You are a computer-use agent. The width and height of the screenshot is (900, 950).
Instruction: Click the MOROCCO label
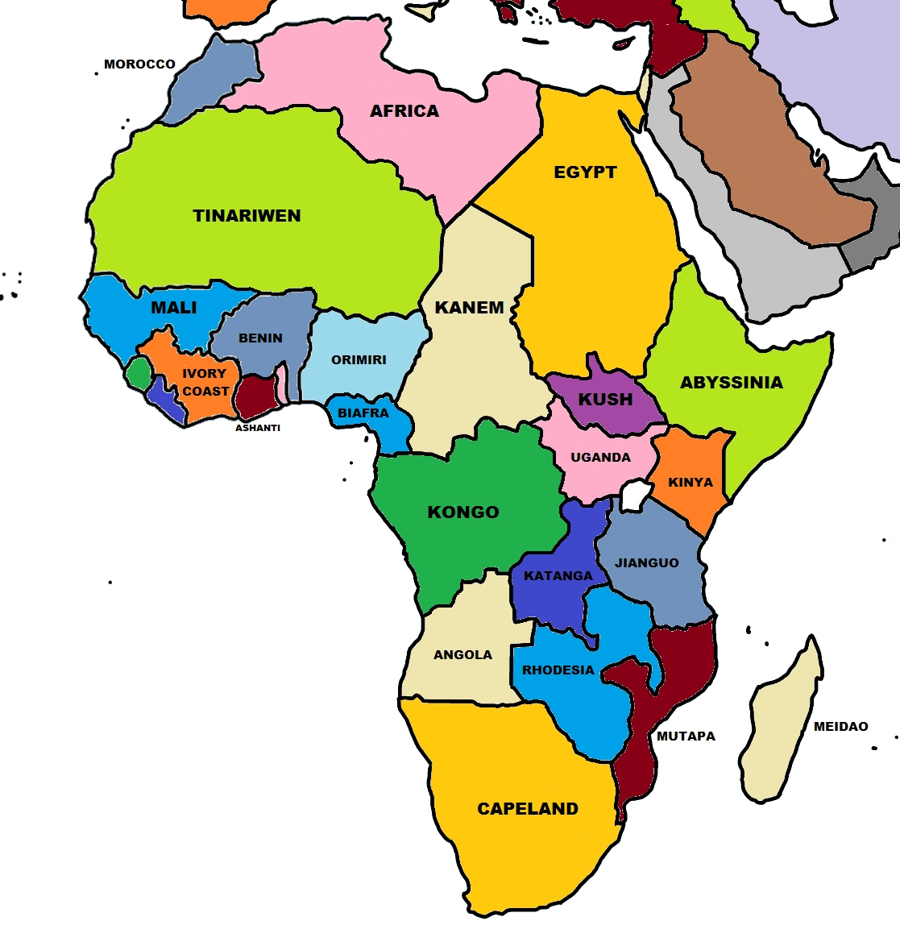[x=139, y=64]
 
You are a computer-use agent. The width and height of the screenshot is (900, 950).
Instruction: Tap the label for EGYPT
[x=585, y=172]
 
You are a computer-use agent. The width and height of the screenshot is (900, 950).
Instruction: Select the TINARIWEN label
[x=247, y=216]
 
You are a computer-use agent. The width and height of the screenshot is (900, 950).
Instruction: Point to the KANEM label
[x=469, y=308]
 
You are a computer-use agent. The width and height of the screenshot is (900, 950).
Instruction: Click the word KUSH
[x=605, y=400]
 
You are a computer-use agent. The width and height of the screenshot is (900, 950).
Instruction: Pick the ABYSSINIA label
[x=731, y=383]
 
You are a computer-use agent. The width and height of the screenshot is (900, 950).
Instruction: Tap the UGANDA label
[x=600, y=458]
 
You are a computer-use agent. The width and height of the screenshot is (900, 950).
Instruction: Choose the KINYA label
[x=691, y=483]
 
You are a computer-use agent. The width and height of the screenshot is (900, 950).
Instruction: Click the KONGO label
[x=462, y=512]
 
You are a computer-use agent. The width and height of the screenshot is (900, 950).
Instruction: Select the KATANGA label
[x=558, y=576]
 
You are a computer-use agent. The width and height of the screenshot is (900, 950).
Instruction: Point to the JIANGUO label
[x=646, y=563]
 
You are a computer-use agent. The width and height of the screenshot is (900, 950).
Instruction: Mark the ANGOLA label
[x=462, y=655]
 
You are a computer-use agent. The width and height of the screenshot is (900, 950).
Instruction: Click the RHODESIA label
[x=558, y=670]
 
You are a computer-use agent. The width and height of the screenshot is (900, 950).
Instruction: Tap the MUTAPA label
[x=686, y=736]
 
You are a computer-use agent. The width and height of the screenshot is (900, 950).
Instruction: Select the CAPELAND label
[x=528, y=809]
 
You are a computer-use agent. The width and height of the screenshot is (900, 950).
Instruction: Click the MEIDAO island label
[x=840, y=727]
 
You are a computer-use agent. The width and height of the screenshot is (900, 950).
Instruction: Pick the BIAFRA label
[x=363, y=413]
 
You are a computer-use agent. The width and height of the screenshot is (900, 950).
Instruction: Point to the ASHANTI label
[x=258, y=428]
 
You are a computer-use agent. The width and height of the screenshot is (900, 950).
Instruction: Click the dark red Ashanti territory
[x=255, y=396]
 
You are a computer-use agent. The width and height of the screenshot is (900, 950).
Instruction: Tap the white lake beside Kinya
[x=637, y=494]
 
